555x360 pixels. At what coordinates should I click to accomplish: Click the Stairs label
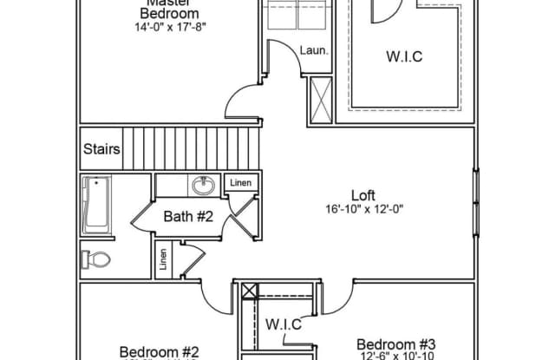coord(102,148)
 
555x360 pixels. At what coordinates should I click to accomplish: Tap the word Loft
coord(362,194)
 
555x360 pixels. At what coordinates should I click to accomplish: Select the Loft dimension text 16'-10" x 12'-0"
coord(366,209)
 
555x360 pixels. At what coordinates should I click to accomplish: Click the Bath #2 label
coord(188,216)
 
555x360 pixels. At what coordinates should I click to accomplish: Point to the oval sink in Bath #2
coord(204,186)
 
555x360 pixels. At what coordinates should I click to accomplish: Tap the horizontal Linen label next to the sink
coord(239,183)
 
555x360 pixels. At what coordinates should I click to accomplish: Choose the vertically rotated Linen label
coord(163,259)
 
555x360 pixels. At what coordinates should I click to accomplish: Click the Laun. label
coord(313,51)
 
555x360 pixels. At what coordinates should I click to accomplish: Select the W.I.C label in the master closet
coord(405,58)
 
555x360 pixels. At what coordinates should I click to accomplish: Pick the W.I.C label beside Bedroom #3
coord(284,324)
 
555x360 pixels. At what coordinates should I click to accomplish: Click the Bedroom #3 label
coord(395,343)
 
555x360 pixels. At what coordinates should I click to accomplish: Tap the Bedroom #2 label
coord(160,351)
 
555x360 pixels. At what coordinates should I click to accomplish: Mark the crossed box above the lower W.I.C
coord(250,291)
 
